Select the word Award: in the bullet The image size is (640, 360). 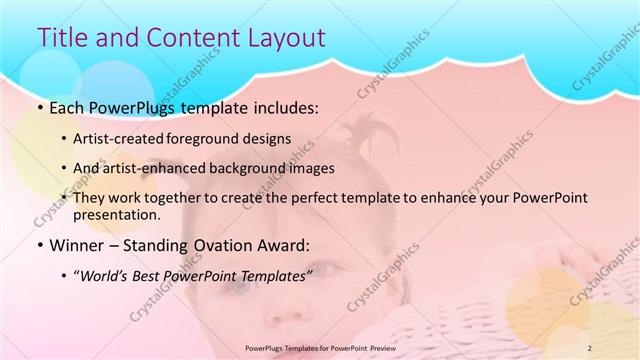tap(283, 243)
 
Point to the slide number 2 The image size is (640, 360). tap(589, 348)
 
